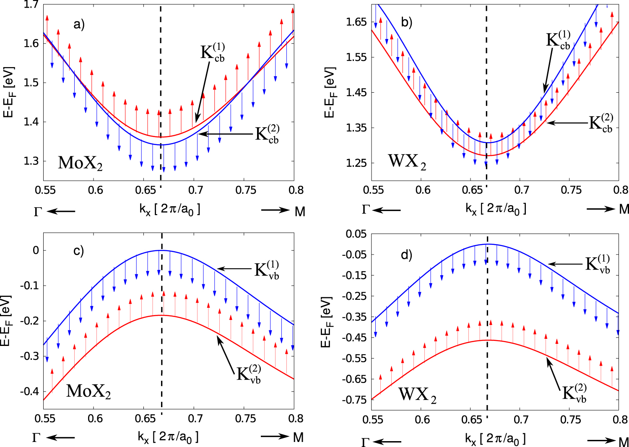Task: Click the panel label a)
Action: click(x=79, y=24)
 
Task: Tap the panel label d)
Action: click(x=407, y=255)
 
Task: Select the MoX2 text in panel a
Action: click(x=80, y=163)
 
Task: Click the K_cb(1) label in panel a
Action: click(x=213, y=52)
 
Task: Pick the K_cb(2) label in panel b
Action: click(x=601, y=123)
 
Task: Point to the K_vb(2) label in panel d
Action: click(x=574, y=393)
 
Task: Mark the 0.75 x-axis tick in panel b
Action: click(x=572, y=190)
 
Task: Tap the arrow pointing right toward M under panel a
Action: click(x=275, y=210)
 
